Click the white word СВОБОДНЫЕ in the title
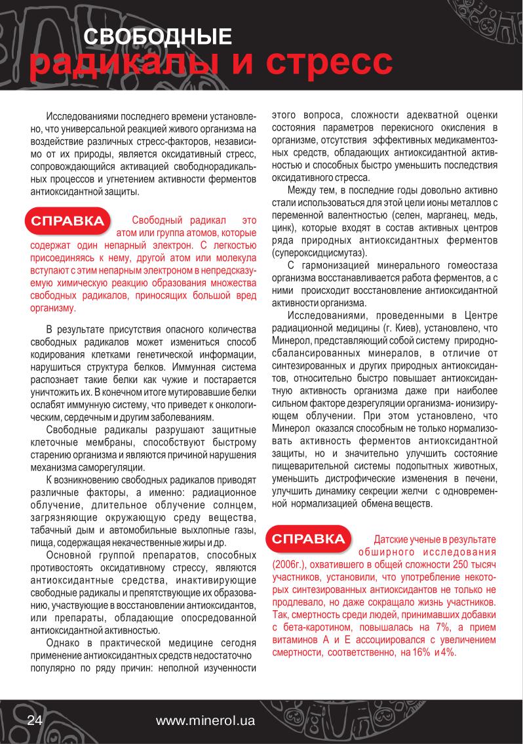[157, 37]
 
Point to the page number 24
[34, 720]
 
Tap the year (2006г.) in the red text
[291, 565]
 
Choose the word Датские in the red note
[391, 539]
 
